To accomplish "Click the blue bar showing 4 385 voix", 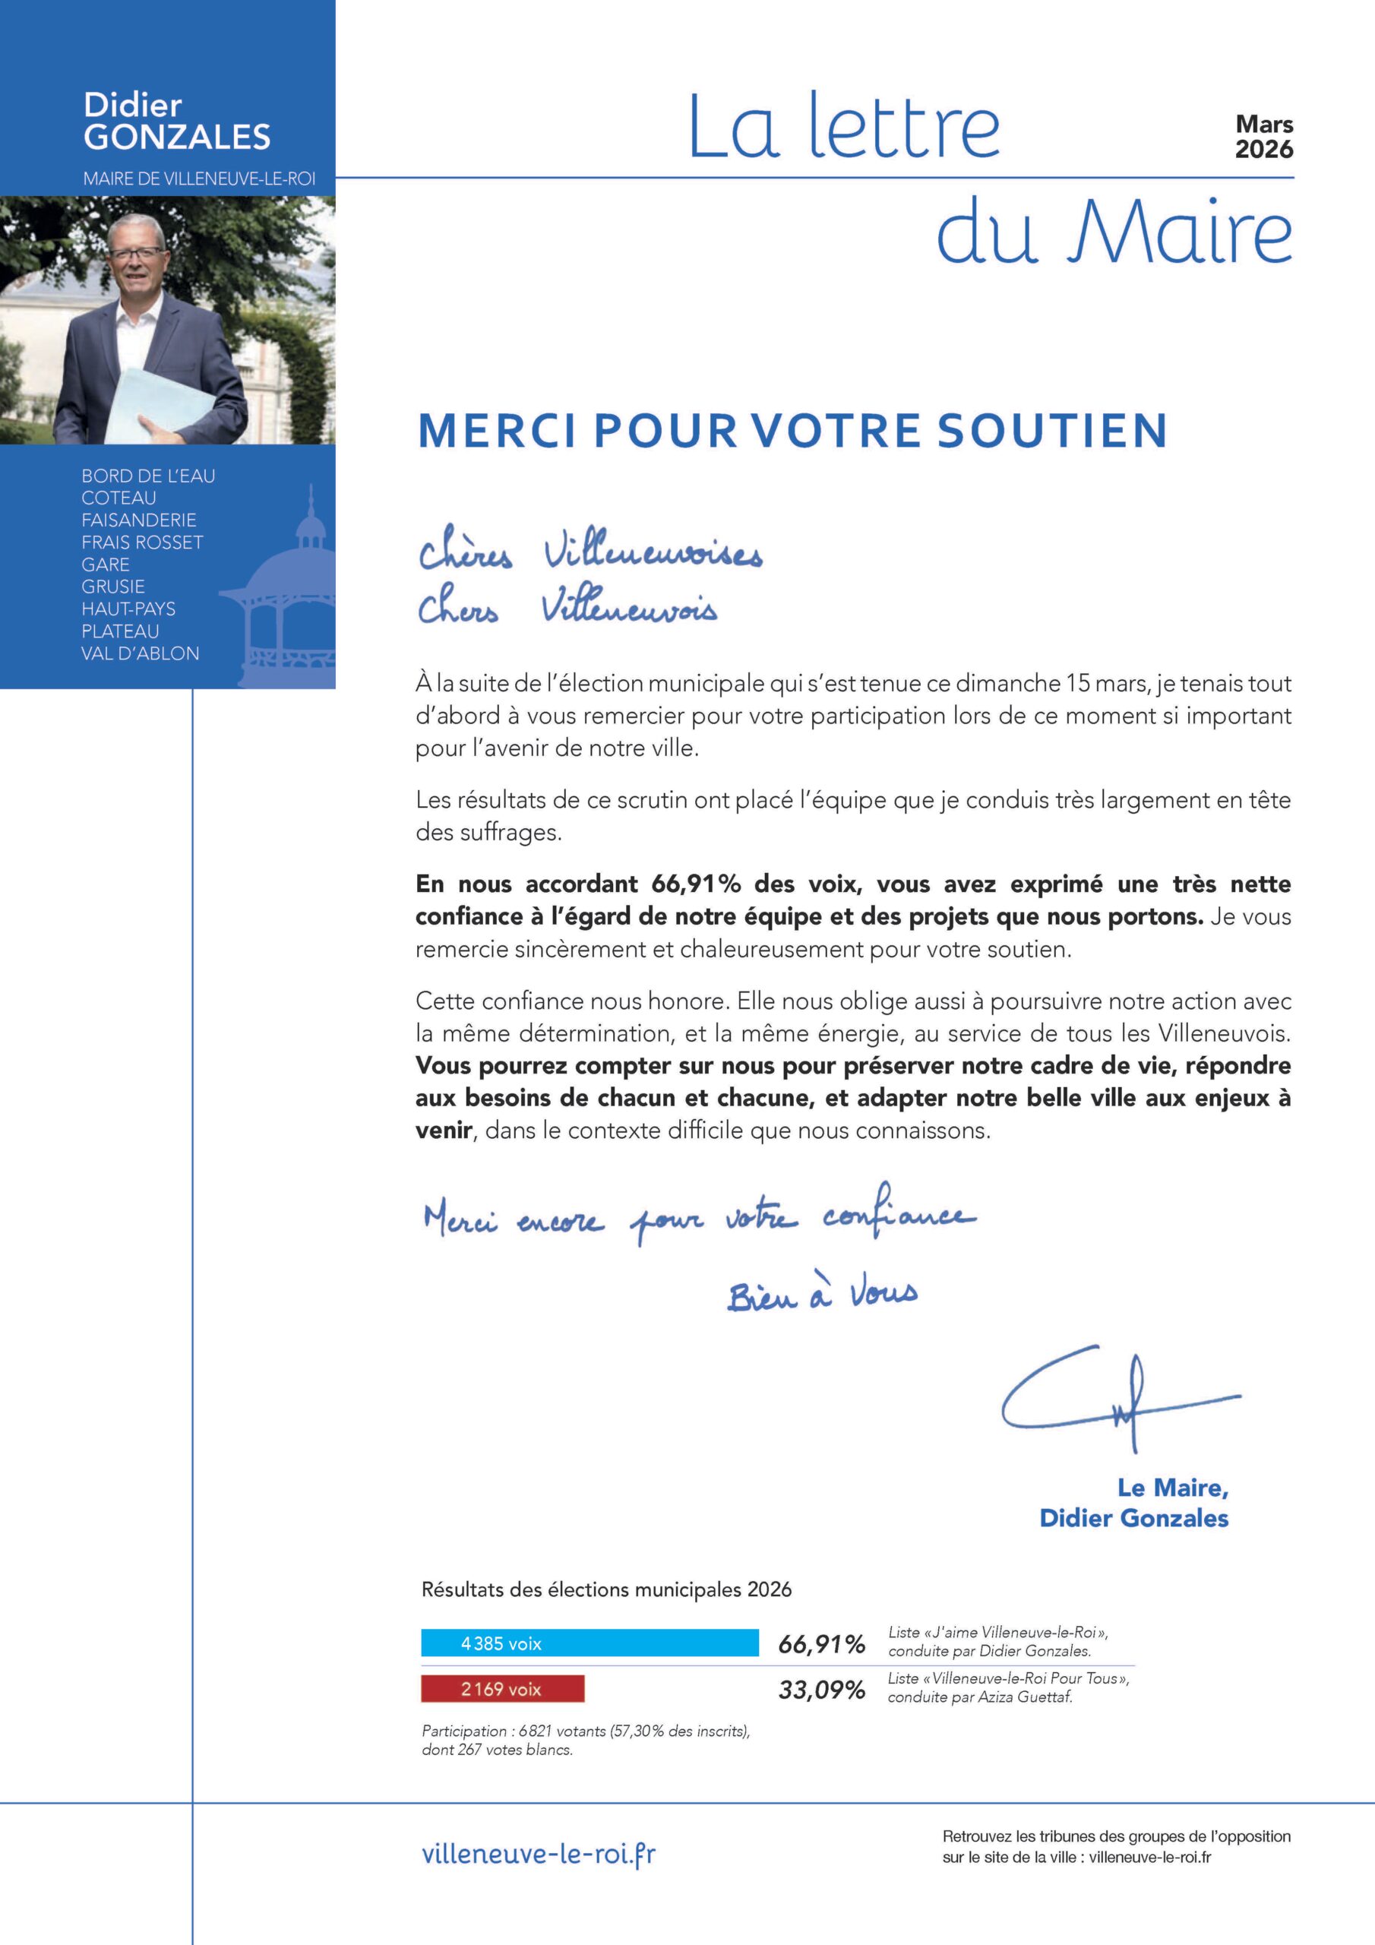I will pos(590,1643).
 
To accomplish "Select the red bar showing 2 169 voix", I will pos(502,1689).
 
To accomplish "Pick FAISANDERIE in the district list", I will pos(139,520).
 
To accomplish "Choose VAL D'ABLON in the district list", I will pos(141,653).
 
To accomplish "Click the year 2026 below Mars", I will pos(1264,150).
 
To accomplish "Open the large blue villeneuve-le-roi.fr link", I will pos(539,1854).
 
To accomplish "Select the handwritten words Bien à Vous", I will pos(822,1295).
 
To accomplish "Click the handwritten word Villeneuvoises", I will pos(653,555).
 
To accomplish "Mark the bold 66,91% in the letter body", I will pos(696,884).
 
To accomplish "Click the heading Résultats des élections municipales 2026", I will pos(606,1589).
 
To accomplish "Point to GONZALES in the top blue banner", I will pos(177,138).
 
